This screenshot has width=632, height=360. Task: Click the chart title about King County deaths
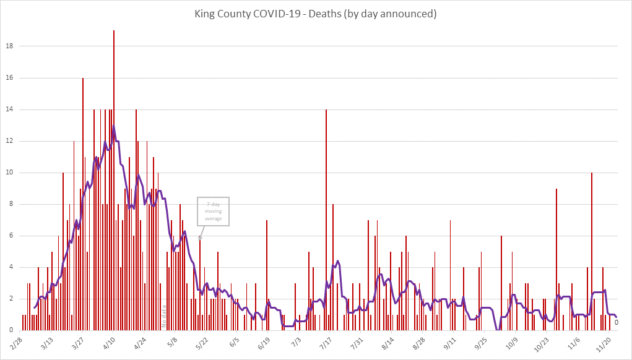pyautogui.click(x=316, y=14)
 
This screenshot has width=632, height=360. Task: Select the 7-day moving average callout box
pyautogui.click(x=213, y=212)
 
